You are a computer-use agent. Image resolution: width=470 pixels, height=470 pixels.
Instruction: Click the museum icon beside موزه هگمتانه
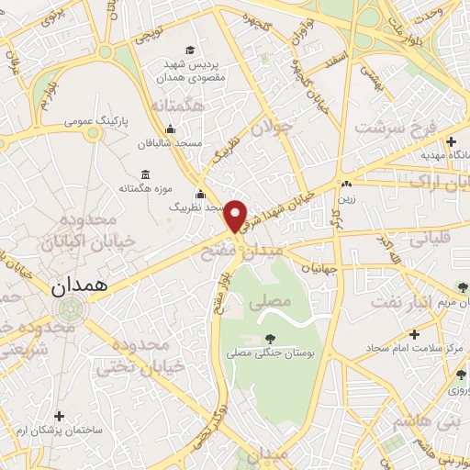pos(145,174)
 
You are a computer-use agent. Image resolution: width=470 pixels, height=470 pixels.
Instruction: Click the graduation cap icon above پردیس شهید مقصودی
pos(189,50)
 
